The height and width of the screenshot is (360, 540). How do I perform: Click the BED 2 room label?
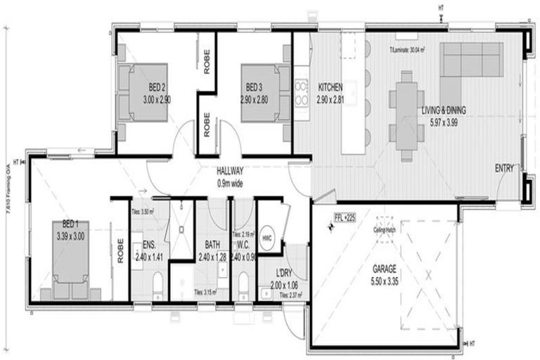(157, 87)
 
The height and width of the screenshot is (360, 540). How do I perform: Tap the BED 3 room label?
(254, 87)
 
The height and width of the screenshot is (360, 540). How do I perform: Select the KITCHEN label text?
(330, 87)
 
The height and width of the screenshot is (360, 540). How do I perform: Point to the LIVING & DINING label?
(444, 110)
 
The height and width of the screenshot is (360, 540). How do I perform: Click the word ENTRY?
(504, 168)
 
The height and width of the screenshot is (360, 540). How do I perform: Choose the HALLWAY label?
(230, 171)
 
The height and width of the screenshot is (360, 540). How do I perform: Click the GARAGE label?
(385, 269)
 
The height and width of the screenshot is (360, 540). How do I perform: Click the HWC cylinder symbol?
(267, 237)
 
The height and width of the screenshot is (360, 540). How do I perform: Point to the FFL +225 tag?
(345, 218)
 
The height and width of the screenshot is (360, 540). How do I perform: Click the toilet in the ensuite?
(157, 284)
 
